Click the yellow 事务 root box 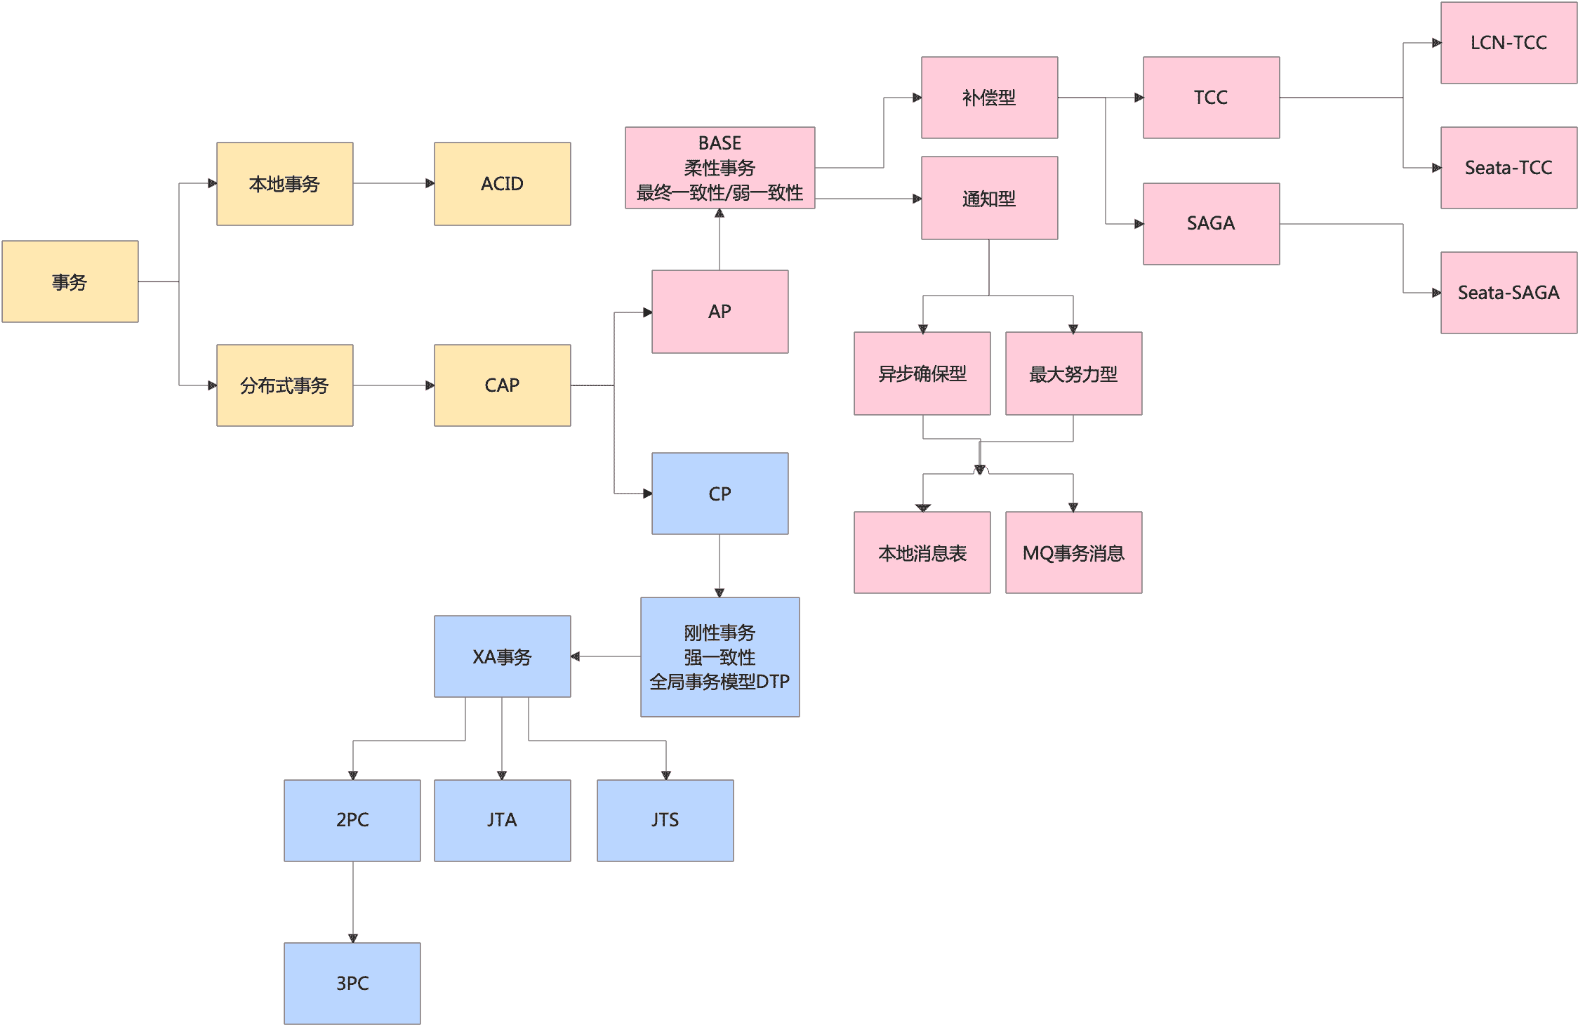tap(70, 282)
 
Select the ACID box tap(502, 184)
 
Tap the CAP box tap(502, 385)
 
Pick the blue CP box tap(720, 494)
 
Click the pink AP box tap(720, 312)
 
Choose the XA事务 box tap(502, 656)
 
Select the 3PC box tap(352, 983)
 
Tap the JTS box tap(665, 820)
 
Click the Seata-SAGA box tap(1509, 293)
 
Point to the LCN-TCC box tap(1509, 43)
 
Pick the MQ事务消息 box tap(1073, 553)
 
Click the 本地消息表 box tap(922, 553)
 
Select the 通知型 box tap(989, 199)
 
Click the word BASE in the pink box tap(720, 143)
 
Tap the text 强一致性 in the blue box tap(720, 657)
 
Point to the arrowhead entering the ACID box tap(430, 184)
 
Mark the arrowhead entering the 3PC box tap(353, 938)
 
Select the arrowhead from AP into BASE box tap(720, 213)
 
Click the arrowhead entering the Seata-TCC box tap(1436, 168)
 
